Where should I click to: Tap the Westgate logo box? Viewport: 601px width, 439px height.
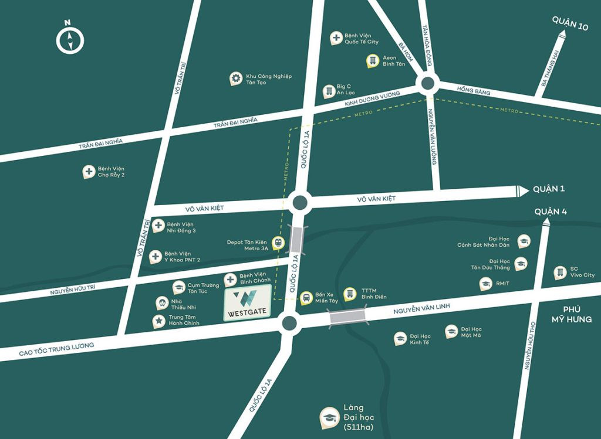(x=247, y=303)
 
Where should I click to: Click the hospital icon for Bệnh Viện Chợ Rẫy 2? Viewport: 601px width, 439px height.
(x=89, y=172)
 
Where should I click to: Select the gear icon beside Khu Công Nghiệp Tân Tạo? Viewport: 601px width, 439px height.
(x=235, y=79)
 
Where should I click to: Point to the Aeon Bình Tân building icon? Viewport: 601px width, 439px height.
(x=372, y=60)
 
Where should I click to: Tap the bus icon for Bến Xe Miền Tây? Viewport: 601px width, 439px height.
(x=306, y=298)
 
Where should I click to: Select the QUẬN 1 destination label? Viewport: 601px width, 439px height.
(x=549, y=189)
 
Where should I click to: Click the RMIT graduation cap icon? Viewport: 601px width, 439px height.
(x=485, y=284)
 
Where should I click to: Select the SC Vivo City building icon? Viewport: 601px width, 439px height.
(x=560, y=272)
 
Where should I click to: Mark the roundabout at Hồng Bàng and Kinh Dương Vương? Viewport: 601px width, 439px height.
(x=427, y=84)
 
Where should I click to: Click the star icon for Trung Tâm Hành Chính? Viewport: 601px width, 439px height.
(x=158, y=320)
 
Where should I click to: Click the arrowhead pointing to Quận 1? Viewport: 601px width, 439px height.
(x=521, y=190)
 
